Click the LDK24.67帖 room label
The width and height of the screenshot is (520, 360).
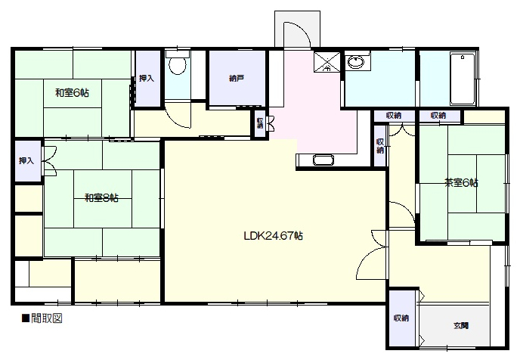(x=274, y=236)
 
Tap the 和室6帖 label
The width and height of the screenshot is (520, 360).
(x=72, y=92)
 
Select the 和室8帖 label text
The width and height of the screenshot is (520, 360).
(x=101, y=197)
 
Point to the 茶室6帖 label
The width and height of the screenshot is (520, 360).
(x=461, y=182)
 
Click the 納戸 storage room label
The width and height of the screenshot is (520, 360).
(x=237, y=79)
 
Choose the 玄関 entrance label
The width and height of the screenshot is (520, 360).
(x=461, y=325)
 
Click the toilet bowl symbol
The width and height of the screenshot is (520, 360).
(x=178, y=66)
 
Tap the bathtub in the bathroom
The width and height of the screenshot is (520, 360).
(x=463, y=79)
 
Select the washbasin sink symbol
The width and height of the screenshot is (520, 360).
(x=355, y=62)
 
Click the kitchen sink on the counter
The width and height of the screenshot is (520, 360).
(x=323, y=160)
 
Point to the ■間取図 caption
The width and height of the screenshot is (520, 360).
(x=42, y=318)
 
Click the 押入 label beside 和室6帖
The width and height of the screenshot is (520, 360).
(x=147, y=79)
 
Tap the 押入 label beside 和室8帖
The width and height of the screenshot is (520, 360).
(x=26, y=161)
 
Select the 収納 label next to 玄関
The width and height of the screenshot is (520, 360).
(x=401, y=318)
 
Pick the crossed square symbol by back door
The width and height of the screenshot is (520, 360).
(x=327, y=62)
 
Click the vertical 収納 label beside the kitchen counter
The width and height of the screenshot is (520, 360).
(x=380, y=146)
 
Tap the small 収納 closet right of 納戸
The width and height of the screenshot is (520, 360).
(x=260, y=123)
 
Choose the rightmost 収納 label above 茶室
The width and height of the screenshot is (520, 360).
(x=438, y=116)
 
